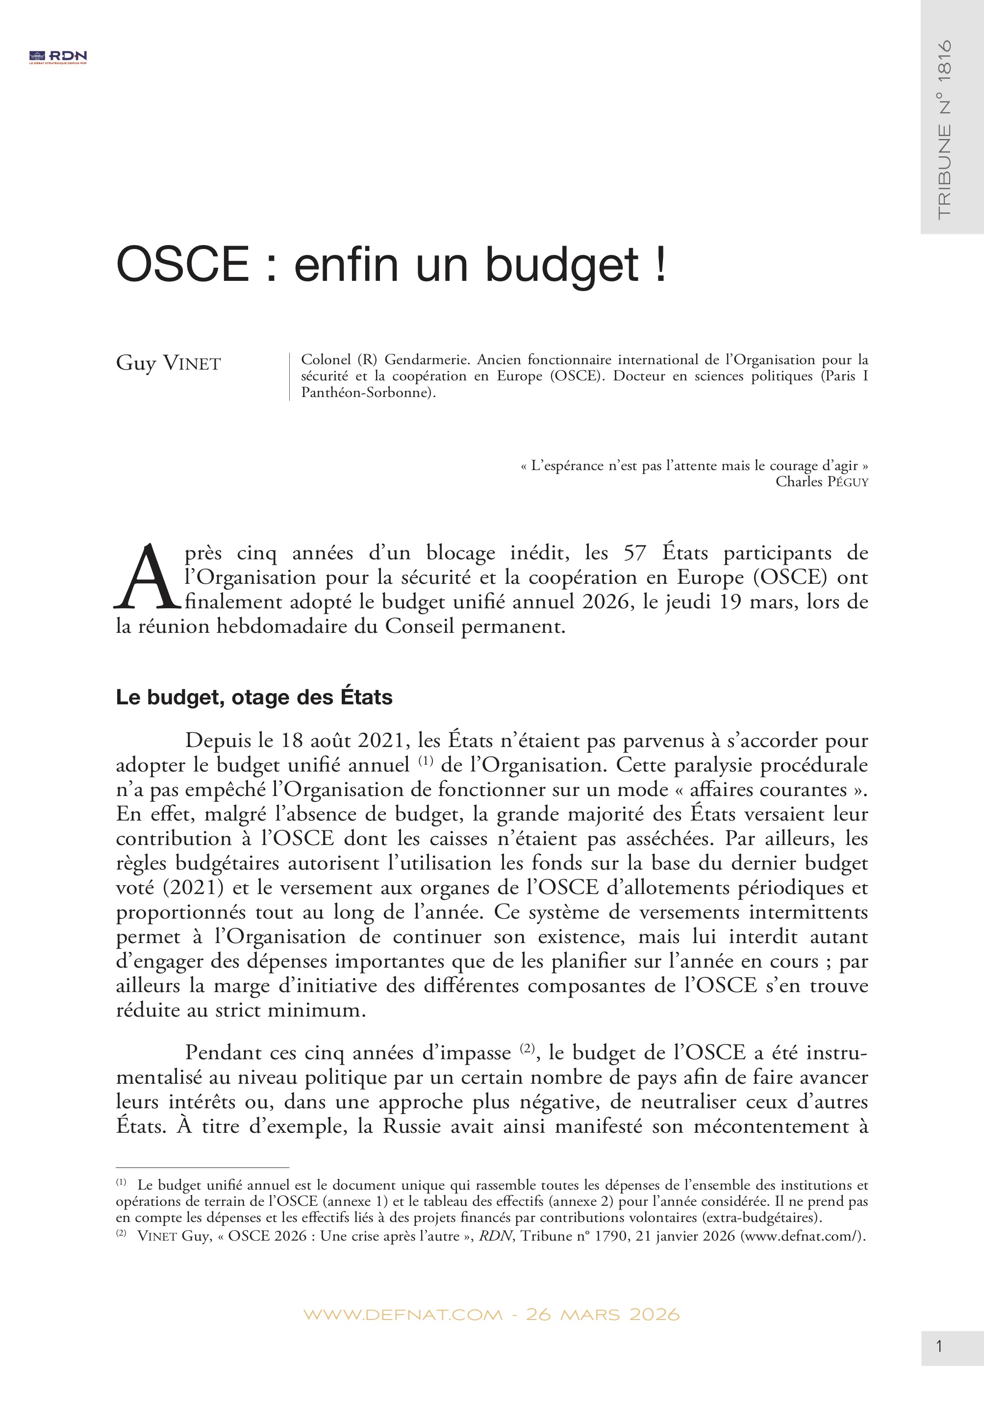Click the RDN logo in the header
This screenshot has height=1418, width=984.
point(58,57)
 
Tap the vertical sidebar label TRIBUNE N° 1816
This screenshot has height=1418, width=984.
point(944,129)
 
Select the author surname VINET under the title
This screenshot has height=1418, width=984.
point(192,364)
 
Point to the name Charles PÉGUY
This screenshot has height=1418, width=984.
point(821,482)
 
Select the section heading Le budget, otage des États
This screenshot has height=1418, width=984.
point(254,697)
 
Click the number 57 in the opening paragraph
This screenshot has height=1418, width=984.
point(634,553)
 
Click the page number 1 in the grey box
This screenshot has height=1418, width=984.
point(939,1346)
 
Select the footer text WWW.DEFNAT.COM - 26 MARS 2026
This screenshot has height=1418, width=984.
point(491,1315)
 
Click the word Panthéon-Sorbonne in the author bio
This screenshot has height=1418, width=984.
point(367,393)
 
